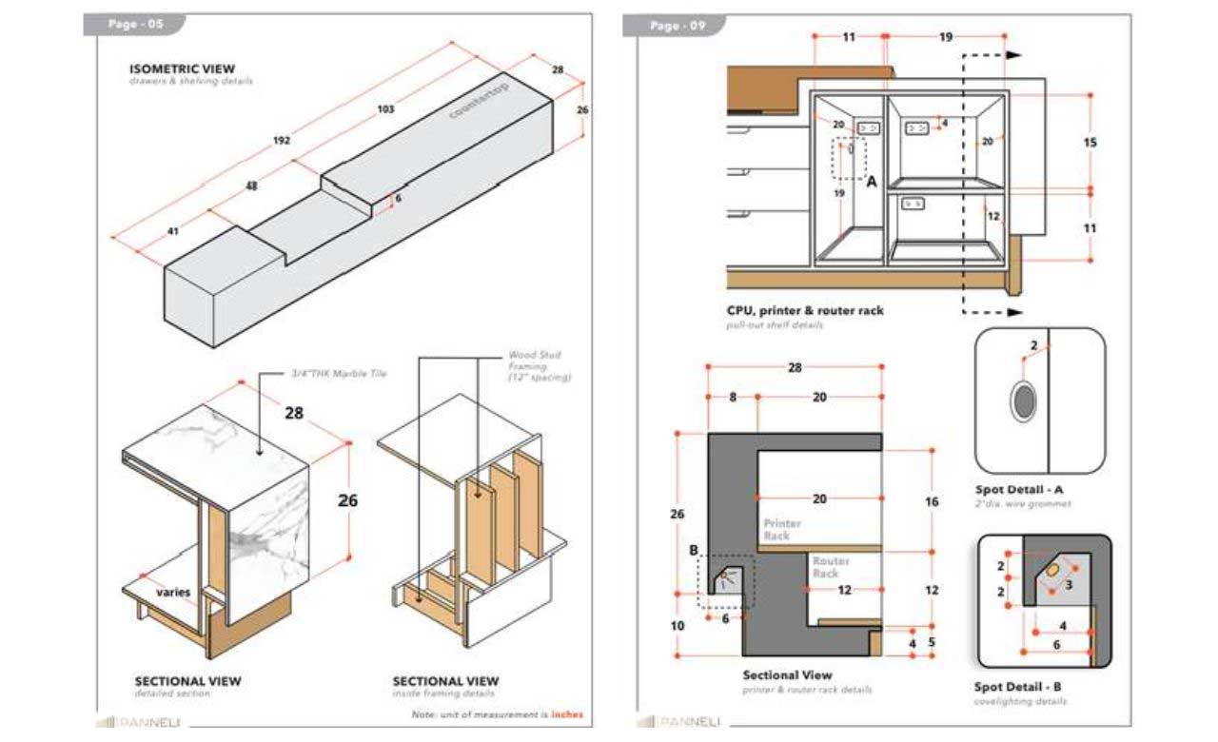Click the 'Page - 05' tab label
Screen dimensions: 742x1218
pos(136,25)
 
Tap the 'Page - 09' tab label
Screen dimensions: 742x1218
pos(678,26)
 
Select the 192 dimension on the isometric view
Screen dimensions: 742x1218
pos(282,141)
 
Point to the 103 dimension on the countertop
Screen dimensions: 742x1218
pos(385,109)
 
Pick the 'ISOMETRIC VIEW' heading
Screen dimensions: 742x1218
pos(182,69)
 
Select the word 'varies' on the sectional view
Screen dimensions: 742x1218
pos(174,592)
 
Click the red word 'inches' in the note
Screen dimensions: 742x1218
pos(567,714)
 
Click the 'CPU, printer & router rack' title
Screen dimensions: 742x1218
pos(805,311)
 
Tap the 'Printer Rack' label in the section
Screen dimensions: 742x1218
pos(782,530)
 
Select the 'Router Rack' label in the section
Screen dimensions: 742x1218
pos(831,567)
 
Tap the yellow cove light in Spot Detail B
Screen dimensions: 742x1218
pos(1054,568)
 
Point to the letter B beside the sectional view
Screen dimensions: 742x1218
pos(693,550)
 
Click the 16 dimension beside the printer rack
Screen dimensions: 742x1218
pos(932,501)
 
